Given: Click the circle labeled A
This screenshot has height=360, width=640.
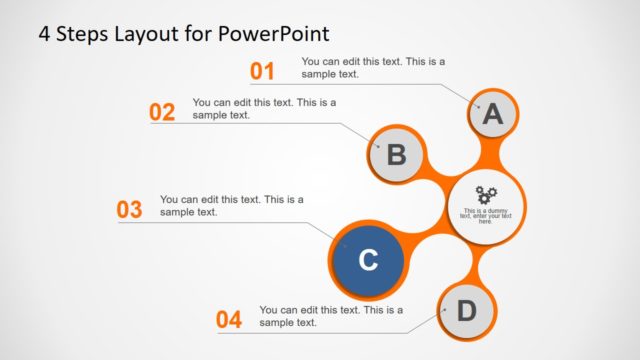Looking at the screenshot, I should tap(492, 115).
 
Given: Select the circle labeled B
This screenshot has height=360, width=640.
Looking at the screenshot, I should tap(396, 155).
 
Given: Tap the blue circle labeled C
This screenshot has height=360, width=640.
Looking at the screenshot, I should tap(367, 260).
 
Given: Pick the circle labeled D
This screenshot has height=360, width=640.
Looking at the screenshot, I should tap(467, 311).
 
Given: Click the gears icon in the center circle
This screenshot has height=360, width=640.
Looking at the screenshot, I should tap(486, 194).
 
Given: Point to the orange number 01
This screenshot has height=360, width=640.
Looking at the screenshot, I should tap(262, 71).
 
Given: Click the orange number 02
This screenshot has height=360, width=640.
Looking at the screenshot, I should tap(162, 112).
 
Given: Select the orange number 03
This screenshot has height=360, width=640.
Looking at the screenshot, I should tap(130, 210).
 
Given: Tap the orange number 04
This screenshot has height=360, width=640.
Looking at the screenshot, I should tap(229, 320).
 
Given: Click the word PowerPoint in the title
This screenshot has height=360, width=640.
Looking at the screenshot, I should tap(271, 34).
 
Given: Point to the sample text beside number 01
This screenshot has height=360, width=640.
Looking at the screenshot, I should tap(373, 67).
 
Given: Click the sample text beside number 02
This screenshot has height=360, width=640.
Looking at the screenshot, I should tap(264, 108).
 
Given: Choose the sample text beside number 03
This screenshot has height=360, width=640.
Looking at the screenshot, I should tap(231, 205).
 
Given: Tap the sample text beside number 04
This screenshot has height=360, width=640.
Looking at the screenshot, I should tap(331, 316).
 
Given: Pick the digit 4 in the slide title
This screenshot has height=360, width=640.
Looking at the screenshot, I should tap(45, 34).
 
